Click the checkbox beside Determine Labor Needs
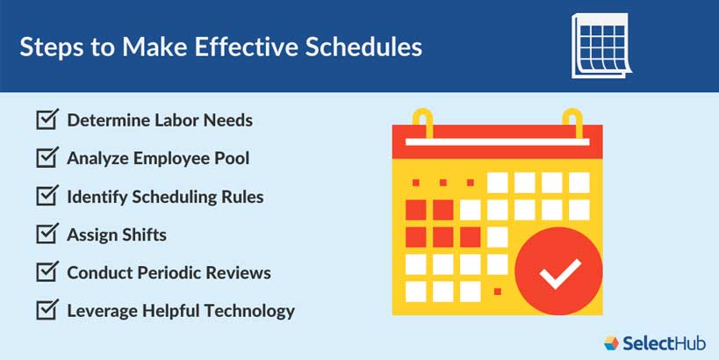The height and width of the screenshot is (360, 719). [x=47, y=119]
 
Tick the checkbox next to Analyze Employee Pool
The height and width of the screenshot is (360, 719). [x=47, y=158]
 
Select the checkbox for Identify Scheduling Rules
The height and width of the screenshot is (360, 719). [x=47, y=196]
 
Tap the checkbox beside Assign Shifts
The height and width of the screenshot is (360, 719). [x=47, y=234]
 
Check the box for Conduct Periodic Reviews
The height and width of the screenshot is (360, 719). [x=47, y=272]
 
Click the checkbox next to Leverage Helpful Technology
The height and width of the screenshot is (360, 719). [x=47, y=311]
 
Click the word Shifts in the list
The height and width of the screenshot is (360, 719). [x=142, y=234]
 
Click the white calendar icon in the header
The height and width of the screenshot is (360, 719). [x=600, y=45]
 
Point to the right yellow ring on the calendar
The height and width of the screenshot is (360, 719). [x=572, y=122]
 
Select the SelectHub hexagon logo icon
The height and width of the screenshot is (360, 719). [x=613, y=342]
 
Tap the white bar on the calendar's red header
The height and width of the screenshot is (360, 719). [x=498, y=139]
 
